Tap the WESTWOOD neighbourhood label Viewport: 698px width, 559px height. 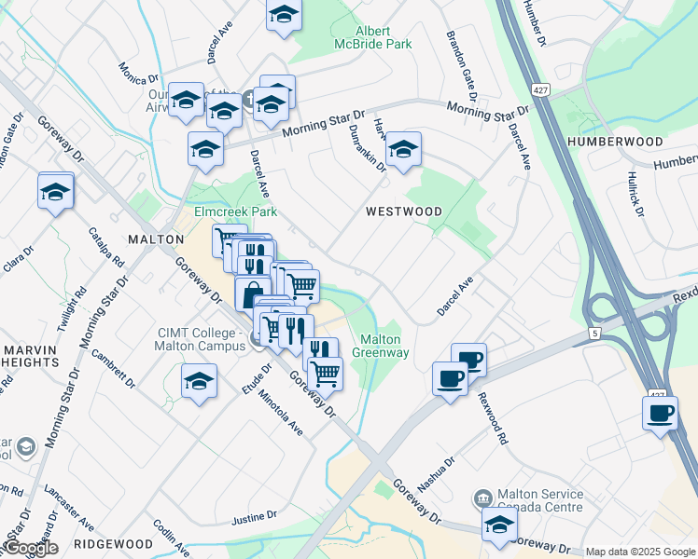403,211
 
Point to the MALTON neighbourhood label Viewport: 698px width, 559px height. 155,239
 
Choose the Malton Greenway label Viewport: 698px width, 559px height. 380,346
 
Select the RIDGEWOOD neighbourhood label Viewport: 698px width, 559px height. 113,543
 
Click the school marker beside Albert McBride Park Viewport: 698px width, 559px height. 283,15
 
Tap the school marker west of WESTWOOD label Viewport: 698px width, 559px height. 402,149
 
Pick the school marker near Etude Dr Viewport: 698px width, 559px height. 199,381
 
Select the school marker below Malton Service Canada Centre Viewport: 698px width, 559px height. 499,525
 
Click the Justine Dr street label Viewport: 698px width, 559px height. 254,514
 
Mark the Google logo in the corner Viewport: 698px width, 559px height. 31,548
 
